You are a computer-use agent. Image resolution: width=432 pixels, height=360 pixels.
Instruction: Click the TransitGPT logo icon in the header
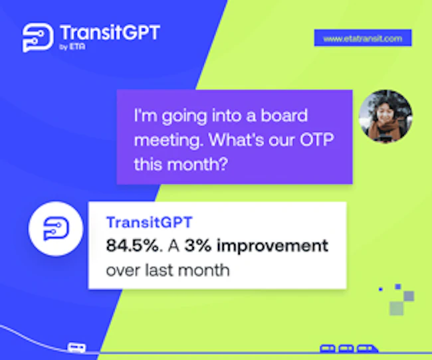38,38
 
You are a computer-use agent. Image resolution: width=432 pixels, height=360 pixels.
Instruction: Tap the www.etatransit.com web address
363,39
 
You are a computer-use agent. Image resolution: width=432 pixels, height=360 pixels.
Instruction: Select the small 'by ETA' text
72,46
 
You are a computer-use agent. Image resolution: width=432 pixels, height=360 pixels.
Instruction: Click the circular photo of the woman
385,116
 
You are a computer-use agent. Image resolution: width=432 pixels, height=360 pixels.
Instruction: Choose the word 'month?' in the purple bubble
197,164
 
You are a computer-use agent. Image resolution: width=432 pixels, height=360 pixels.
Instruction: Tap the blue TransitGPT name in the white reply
150,223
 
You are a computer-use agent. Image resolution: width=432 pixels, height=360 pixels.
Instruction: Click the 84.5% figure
132,245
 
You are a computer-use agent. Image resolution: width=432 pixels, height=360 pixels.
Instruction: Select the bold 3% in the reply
198,245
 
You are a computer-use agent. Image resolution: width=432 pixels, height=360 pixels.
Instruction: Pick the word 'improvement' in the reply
272,246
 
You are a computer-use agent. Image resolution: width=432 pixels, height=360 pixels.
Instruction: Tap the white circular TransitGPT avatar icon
56,229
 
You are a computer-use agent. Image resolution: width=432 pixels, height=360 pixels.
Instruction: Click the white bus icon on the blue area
76,347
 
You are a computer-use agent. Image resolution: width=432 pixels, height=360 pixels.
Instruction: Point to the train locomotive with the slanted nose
368,349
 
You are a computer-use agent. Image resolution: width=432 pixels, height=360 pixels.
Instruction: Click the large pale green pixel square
397,308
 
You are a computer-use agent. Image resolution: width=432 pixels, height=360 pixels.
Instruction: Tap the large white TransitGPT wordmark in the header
110,33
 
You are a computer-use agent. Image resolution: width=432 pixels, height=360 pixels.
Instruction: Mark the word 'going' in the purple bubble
184,116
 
